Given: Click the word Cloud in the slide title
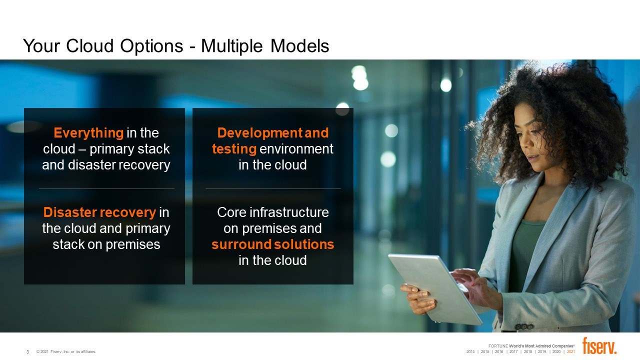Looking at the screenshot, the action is point(89,45).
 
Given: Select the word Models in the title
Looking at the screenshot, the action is point(299,45).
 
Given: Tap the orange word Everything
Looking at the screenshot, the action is point(88,133).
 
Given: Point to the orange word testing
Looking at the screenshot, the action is point(234,149).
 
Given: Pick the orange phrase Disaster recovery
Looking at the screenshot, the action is point(99,212).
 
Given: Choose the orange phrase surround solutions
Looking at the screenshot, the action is point(273,244).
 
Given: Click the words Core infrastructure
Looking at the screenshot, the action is point(273,212).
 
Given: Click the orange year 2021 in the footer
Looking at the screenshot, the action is point(571,351).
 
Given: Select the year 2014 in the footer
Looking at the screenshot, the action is point(470,351).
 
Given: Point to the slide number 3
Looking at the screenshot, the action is point(27,351).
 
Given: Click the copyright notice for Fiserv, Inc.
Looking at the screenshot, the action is point(66,351).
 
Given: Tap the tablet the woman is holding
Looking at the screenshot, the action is point(434,288).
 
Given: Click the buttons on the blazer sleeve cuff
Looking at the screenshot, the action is point(524,326).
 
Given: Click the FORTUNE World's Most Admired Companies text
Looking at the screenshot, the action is point(531,346).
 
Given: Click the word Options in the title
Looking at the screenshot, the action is point(151,46).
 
